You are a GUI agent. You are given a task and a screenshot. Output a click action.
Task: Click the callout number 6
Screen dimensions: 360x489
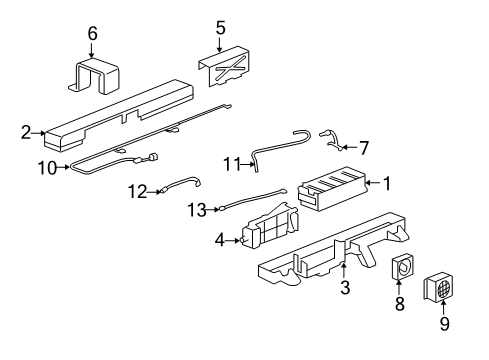pos(92,34)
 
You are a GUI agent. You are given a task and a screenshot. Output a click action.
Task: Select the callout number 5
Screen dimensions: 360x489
pos(220,27)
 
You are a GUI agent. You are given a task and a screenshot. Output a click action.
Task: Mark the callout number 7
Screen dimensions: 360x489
pos(363,148)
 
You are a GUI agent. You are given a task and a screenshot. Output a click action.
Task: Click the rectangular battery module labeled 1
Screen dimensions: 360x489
pos(332,191)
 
